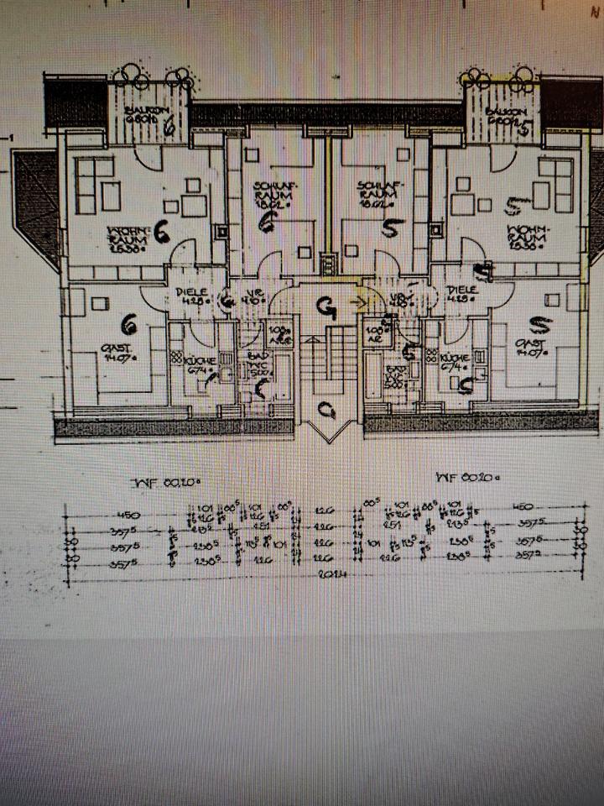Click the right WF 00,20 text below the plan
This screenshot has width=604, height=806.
pos(467,479)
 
